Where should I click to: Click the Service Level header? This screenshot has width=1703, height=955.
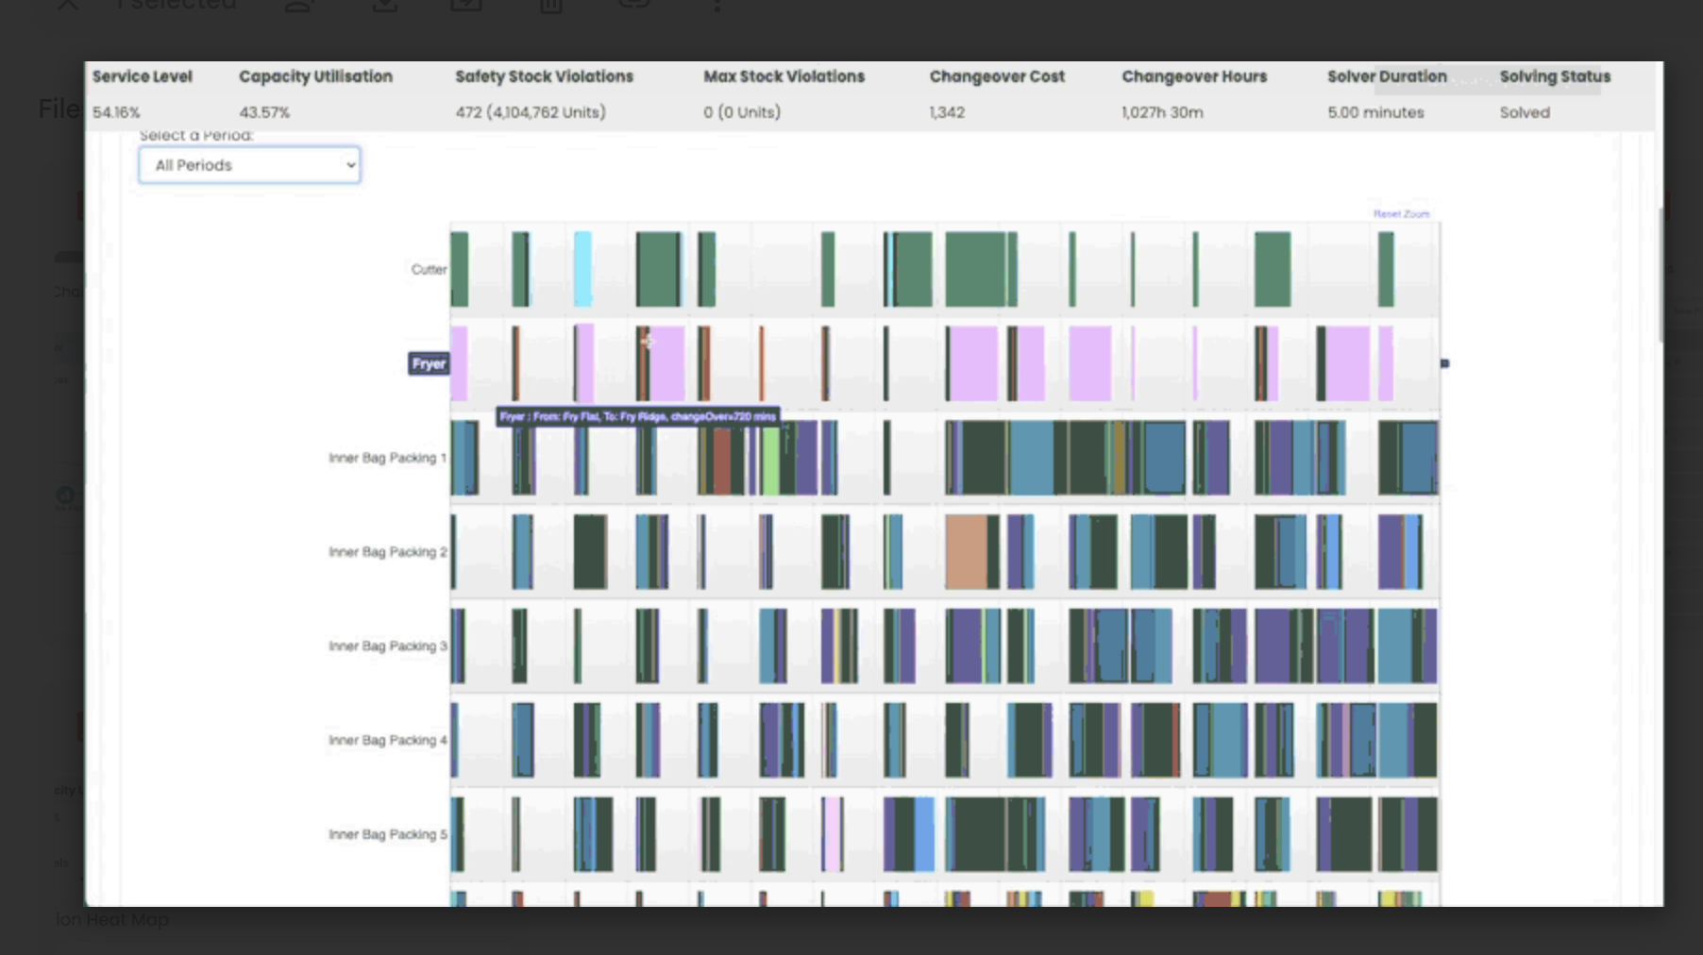(142, 76)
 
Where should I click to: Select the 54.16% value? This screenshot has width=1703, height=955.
(116, 112)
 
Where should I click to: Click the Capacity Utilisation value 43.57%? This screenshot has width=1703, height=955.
(264, 112)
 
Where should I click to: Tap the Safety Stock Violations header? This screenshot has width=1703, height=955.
(544, 76)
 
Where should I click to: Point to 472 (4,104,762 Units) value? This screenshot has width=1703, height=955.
(531, 112)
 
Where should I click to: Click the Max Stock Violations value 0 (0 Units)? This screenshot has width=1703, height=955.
(742, 112)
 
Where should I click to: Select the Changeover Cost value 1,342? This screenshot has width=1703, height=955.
(947, 112)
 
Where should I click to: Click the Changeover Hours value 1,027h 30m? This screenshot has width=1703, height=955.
(1162, 112)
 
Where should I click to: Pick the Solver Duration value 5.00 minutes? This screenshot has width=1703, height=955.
(1375, 112)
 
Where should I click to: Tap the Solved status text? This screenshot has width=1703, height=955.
(1525, 112)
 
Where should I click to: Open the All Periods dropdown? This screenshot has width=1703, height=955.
(249, 165)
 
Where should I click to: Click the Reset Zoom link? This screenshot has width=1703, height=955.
(1401, 214)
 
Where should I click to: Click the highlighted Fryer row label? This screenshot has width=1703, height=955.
(429, 363)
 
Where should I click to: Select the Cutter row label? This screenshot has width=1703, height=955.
(429, 270)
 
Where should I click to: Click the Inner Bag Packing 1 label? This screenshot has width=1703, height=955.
(387, 458)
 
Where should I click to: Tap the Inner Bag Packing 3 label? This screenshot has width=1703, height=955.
(387, 646)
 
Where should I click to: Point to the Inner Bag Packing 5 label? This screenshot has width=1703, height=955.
(387, 834)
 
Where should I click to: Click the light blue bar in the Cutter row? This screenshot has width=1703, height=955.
(583, 269)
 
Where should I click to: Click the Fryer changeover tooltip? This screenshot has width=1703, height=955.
(637, 416)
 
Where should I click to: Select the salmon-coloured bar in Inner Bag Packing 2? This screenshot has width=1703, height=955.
(966, 552)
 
